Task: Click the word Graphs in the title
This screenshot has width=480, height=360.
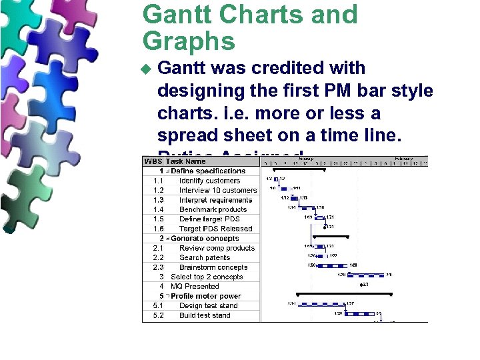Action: [189, 42]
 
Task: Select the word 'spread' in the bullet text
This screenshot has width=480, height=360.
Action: [189, 135]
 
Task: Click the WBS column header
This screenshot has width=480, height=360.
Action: [153, 161]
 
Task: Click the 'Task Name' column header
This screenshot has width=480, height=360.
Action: [186, 161]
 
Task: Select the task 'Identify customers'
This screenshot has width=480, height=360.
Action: [209, 181]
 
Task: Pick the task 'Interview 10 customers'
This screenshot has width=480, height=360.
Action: [217, 190]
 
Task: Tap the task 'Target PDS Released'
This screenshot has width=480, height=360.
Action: [215, 229]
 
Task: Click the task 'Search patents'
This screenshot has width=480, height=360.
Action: [205, 257]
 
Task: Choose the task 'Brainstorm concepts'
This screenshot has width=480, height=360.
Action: [213, 267]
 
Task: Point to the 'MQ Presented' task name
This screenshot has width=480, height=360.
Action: [195, 286]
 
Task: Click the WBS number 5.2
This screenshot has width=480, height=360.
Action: [158, 315]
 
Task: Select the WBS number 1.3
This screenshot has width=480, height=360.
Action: [158, 200]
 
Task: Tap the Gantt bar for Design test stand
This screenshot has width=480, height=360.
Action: [321, 304]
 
